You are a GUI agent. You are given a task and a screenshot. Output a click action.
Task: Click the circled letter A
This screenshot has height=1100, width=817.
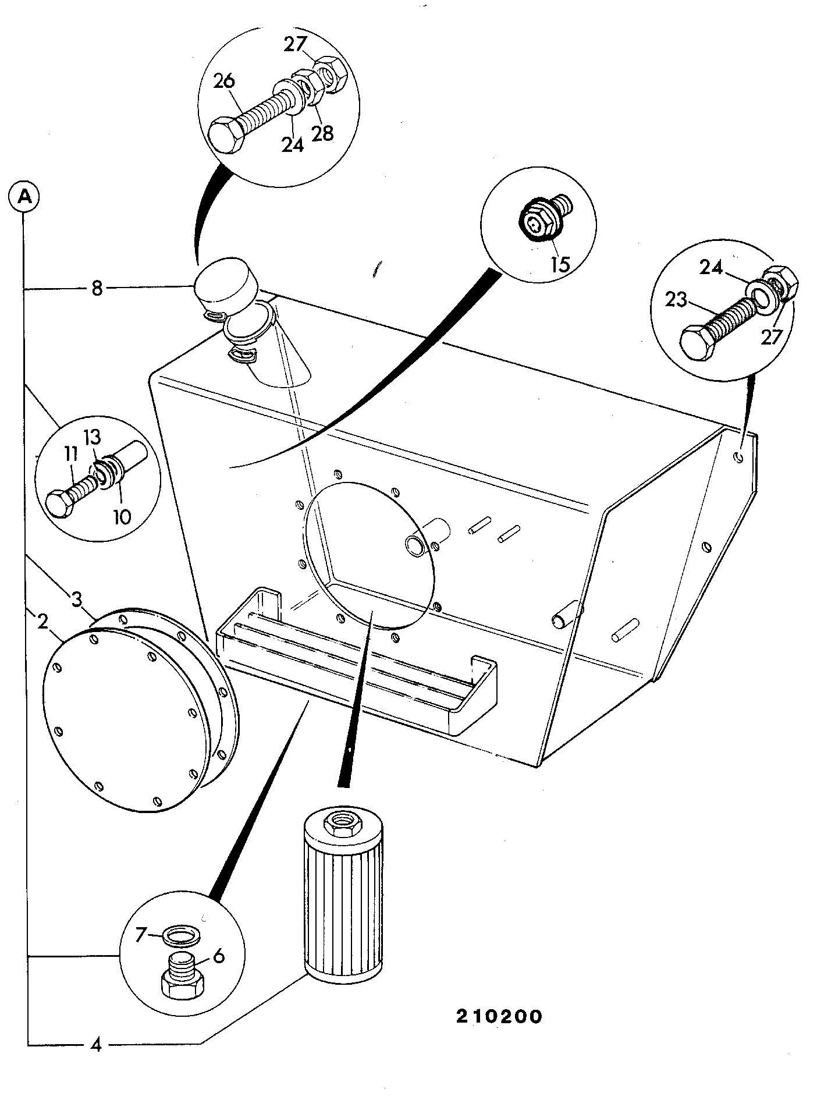tap(24, 197)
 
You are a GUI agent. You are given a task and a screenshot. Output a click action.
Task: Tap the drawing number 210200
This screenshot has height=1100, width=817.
tap(499, 1016)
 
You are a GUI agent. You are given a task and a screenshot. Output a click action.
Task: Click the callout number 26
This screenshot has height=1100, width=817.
tap(225, 81)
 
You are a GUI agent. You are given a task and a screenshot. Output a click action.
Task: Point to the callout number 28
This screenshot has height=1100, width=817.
tap(322, 133)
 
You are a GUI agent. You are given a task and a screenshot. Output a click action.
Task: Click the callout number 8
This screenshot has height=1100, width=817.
tap(97, 288)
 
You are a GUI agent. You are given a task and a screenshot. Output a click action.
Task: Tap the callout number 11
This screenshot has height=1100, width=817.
tap(70, 455)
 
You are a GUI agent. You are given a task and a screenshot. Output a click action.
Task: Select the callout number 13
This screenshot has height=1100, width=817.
tap(93, 437)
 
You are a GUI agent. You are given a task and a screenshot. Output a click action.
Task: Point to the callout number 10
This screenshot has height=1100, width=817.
tap(122, 517)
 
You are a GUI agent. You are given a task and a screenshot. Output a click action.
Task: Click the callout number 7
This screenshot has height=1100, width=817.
tap(140, 935)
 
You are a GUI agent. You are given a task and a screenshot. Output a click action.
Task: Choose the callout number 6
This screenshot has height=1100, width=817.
tap(219, 956)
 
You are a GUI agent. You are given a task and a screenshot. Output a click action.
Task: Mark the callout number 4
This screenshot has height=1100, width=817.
tap(97, 1045)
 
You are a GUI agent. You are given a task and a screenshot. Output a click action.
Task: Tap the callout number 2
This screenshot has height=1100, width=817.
tap(42, 622)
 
